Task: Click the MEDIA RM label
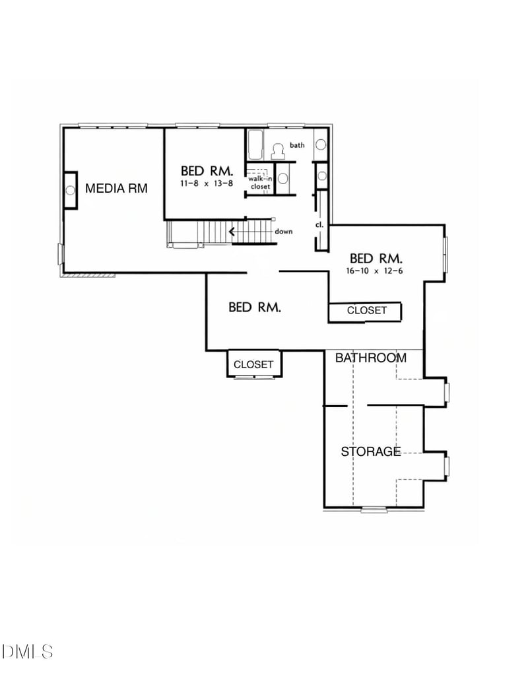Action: coord(116,189)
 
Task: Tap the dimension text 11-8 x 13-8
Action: coord(206,183)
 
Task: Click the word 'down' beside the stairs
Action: coord(284,232)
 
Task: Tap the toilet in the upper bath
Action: coord(278,151)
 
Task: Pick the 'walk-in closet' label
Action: coord(260,183)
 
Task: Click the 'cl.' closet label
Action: coord(319,224)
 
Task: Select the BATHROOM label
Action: coord(370,358)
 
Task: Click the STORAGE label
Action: coord(370,452)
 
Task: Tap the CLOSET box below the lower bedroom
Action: coord(253,364)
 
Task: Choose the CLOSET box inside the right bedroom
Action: coord(367,310)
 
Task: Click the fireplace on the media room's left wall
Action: coord(70,190)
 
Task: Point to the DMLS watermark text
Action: coord(27,652)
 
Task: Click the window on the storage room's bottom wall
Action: coord(374,509)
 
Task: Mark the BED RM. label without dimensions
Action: coord(255,307)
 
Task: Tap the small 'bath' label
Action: coord(297,145)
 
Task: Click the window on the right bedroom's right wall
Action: coord(445,253)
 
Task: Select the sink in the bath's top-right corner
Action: coord(321,145)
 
